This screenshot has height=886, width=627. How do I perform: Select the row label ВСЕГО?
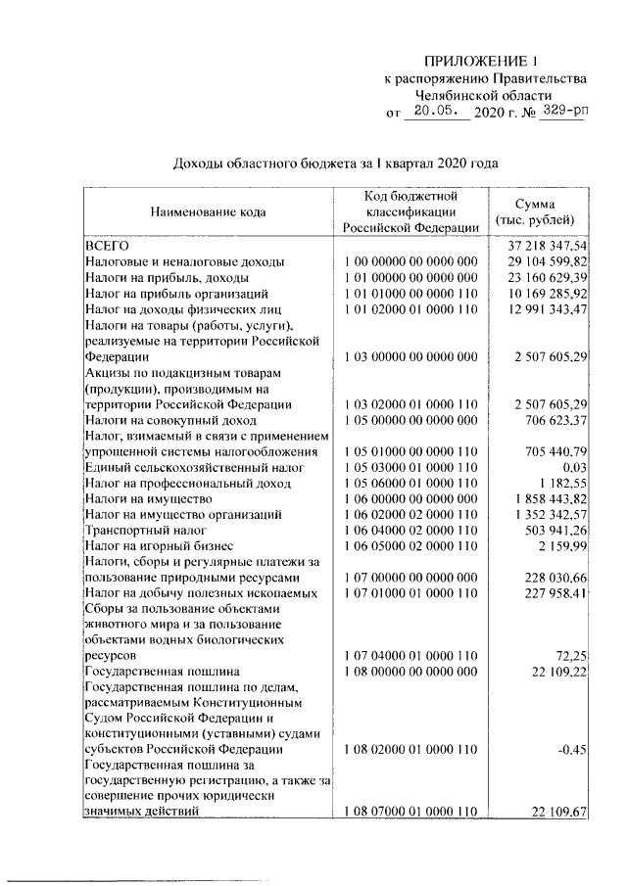[101, 246]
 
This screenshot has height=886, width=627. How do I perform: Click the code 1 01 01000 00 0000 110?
[410, 293]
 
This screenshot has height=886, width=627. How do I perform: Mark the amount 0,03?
[571, 467]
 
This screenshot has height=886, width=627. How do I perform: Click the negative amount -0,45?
[571, 749]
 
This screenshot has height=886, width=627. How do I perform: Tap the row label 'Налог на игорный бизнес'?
[160, 545]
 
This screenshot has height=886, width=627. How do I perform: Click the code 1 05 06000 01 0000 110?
[410, 483]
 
